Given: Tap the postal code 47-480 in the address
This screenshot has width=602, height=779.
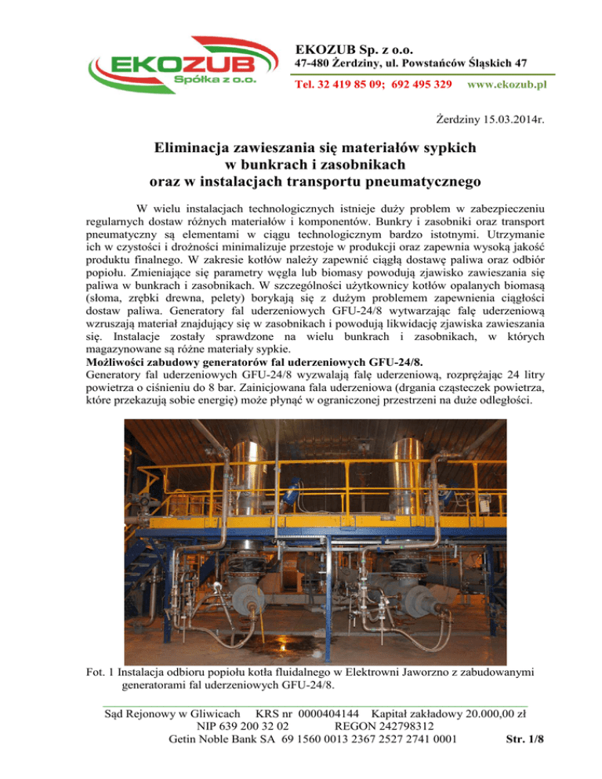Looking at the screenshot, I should [x=317, y=62].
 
